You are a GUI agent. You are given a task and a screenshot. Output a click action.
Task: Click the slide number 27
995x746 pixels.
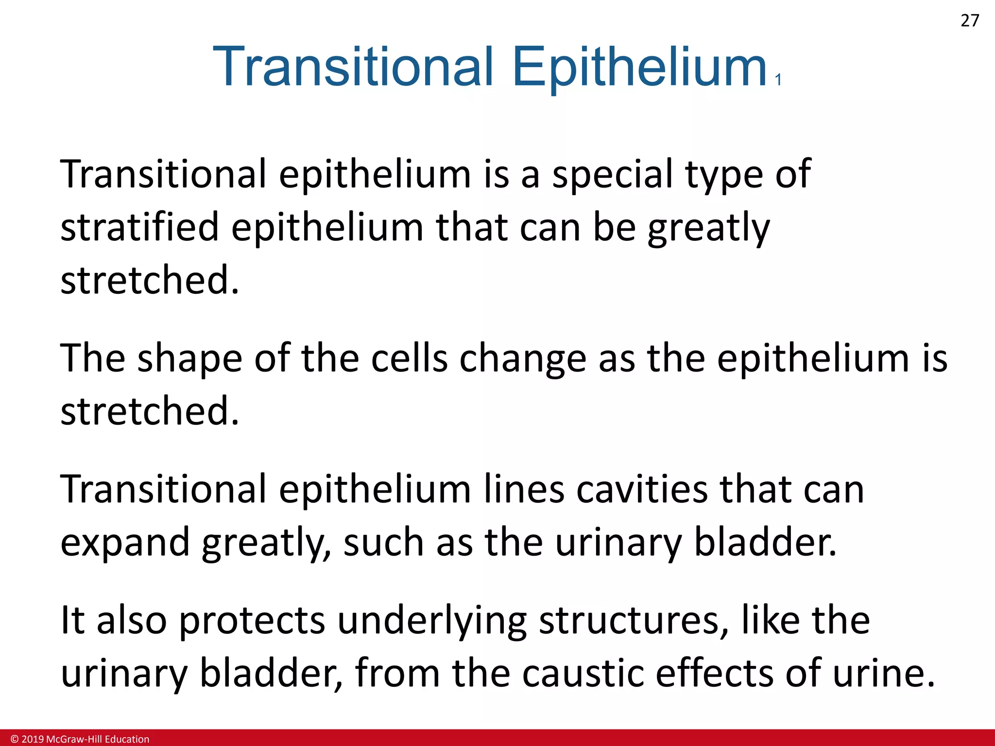tap(970, 21)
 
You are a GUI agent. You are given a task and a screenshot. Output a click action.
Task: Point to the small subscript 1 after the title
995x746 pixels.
tap(778, 80)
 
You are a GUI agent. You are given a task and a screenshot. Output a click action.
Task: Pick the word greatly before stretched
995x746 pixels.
tap(709, 228)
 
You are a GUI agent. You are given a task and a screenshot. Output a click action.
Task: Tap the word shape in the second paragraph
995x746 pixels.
tap(189, 358)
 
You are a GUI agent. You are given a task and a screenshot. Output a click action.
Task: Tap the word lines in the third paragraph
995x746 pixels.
tap(524, 489)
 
